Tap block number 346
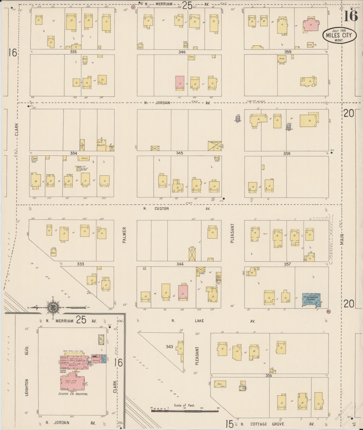click(x=182, y=52)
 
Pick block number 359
click(x=288, y=52)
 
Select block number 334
click(x=74, y=153)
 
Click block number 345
click(x=179, y=153)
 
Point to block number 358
click(x=287, y=153)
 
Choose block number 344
click(x=180, y=264)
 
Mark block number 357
click(x=287, y=264)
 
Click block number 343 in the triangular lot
click(x=170, y=347)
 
